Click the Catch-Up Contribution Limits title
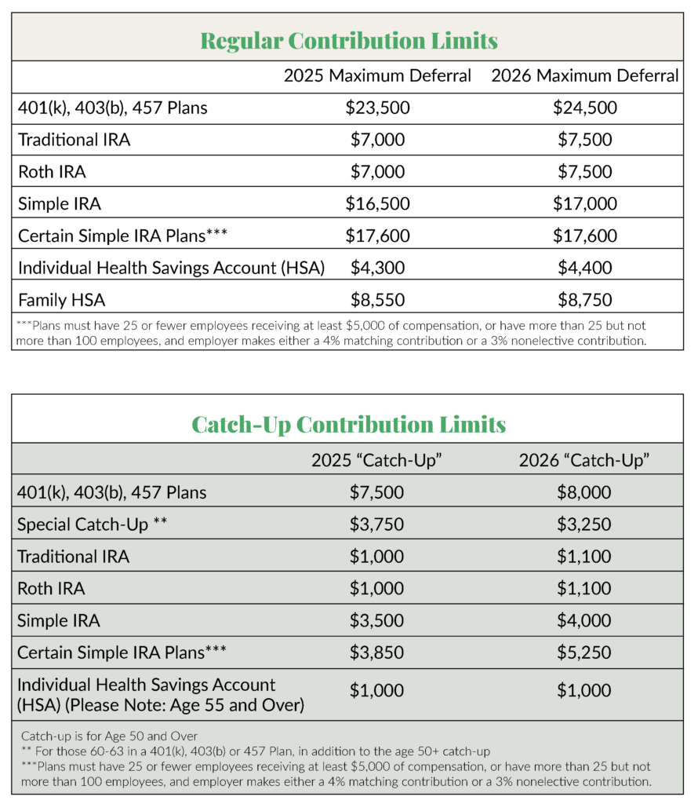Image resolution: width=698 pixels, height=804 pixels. coord(348,424)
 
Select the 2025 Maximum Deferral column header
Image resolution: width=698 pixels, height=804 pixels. coord(377,76)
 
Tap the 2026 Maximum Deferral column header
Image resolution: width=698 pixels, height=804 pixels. coord(584,76)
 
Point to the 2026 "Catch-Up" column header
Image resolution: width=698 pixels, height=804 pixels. coord(584,460)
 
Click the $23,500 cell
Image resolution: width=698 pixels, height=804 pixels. coord(377,108)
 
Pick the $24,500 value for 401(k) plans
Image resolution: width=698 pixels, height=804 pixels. coord(584,108)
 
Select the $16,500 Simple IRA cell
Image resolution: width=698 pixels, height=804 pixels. coord(377,204)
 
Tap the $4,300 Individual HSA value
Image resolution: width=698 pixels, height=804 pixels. coord(377,268)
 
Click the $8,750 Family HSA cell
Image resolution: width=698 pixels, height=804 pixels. coord(584,300)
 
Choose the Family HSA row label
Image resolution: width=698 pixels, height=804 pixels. coord(62,300)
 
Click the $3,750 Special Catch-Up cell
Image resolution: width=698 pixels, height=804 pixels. coord(377,524)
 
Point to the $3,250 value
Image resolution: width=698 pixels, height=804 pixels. coord(584,524)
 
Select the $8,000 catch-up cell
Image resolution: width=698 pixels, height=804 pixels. coord(584,492)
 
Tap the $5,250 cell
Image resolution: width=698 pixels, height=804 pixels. coord(584,652)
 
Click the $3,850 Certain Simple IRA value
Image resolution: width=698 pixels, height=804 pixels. coord(377,652)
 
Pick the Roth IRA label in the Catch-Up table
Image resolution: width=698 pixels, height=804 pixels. coord(51,588)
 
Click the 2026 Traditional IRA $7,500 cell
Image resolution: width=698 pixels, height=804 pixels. coord(584,140)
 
